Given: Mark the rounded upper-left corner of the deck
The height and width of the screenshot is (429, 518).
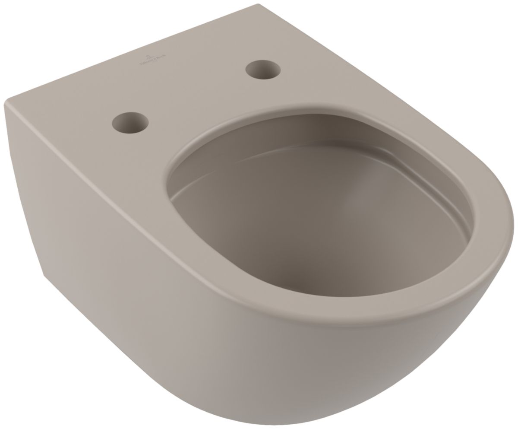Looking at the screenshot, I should tap(6, 102).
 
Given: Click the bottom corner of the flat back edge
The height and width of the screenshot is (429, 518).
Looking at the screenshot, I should tap(44, 275).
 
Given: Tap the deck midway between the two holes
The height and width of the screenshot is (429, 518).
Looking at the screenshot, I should tap(196, 95).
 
